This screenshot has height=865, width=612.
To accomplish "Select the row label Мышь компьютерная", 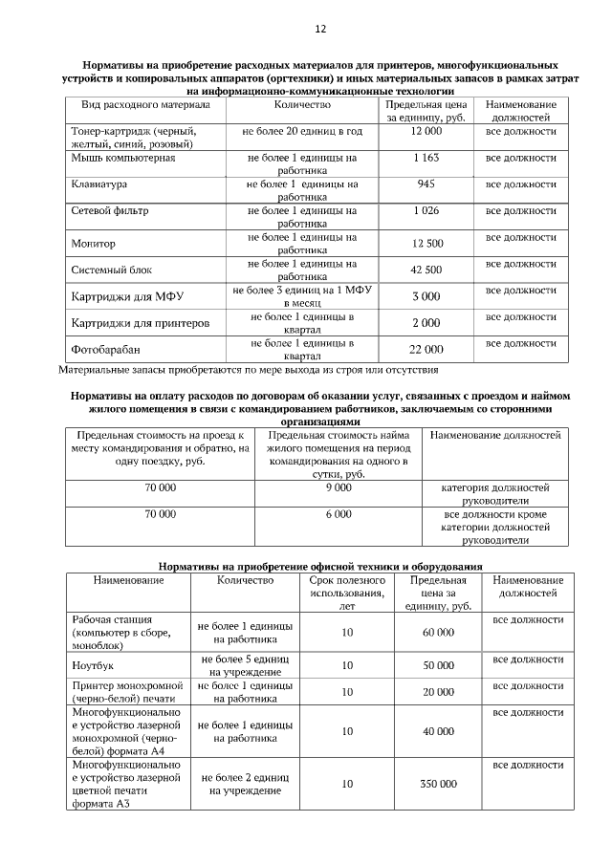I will pos(122,157).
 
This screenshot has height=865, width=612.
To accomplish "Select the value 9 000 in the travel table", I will pos(339,487).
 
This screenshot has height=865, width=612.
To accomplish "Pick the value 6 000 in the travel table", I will pos(339,513).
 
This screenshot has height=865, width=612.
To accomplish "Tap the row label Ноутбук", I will pos(93,665).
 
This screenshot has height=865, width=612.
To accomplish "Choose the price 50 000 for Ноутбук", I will pos(438,665).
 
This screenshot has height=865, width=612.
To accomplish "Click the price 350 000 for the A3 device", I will pos(438,784).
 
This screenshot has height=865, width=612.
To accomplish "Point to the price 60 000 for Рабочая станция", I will pos(438,632).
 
